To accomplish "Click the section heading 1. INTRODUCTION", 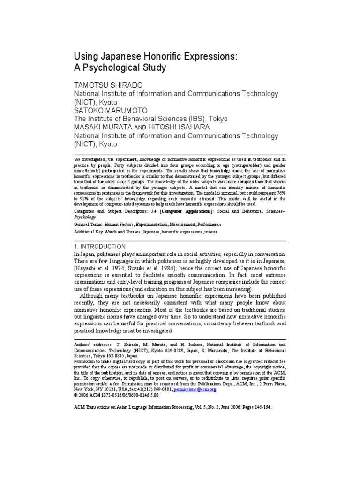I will pyautogui.click(x=100, y=246).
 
